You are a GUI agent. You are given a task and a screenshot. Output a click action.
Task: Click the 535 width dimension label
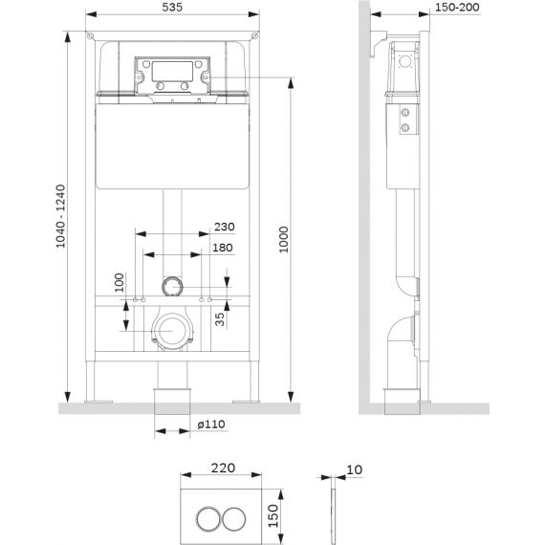pyautogui.click(x=172, y=7)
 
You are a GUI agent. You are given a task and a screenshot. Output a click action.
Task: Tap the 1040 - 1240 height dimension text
pyautogui.click(x=60, y=216)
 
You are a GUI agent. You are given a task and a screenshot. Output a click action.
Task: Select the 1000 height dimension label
pyautogui.click(x=284, y=240)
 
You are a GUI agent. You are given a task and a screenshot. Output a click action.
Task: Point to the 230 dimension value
pyautogui.click(x=224, y=227)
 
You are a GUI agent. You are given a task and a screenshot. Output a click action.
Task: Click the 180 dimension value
pyautogui.click(x=223, y=248)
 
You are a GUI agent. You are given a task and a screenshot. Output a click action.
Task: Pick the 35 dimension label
pyautogui.click(x=220, y=319)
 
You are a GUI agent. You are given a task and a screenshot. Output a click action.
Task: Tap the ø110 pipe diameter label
pyautogui.click(x=211, y=424)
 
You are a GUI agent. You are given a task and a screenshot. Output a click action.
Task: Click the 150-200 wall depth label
pyautogui.click(x=457, y=7)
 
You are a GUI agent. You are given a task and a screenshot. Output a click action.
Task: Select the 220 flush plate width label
pyautogui.click(x=223, y=468)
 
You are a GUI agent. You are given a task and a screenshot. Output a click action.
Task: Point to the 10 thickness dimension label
pyautogui.click(x=355, y=469)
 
